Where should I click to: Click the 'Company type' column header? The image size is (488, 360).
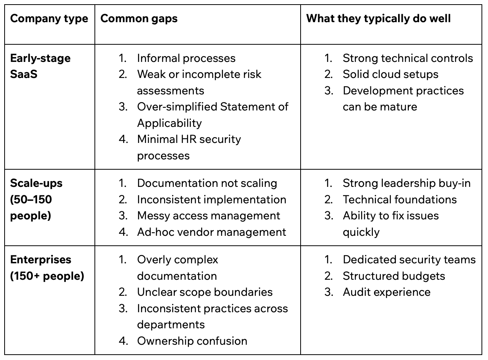49,19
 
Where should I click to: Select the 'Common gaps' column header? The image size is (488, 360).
139,19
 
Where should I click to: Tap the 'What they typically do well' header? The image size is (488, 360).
378,19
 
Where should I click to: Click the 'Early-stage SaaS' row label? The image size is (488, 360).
40,66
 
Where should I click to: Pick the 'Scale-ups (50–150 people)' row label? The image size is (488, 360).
36,199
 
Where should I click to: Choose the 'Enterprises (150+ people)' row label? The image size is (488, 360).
47,268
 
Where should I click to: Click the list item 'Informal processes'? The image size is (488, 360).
186,58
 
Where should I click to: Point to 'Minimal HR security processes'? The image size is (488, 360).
189,147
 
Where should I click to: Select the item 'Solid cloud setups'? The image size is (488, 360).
390,74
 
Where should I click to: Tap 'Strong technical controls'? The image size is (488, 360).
408,58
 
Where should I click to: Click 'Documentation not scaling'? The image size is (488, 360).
207,183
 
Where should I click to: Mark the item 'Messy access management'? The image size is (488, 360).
208,216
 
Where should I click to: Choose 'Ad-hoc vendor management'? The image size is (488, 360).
211,232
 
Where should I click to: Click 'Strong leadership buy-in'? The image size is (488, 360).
407,183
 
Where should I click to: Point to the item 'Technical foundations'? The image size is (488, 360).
400,199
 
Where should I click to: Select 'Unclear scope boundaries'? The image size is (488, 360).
205,292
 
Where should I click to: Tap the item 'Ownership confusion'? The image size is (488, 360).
192,341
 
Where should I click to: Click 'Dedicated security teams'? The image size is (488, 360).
409,259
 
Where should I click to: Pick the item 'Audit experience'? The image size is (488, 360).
386,292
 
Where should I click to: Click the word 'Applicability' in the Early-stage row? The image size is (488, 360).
169,123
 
